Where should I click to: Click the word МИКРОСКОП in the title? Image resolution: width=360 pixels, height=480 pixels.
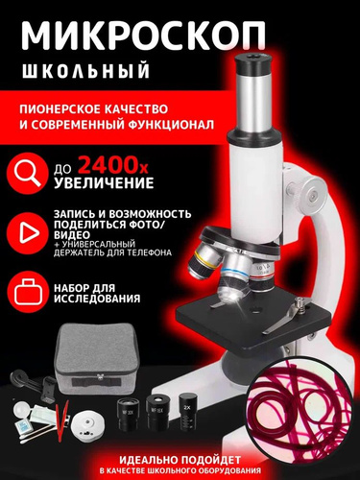click(x=143, y=36)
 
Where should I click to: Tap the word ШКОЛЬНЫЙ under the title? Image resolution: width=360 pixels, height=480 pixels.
click(x=85, y=70)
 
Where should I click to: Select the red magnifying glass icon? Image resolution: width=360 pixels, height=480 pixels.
click(x=27, y=174)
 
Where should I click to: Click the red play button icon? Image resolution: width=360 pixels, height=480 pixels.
click(x=27, y=233)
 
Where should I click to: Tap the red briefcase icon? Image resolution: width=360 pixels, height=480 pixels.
click(x=27, y=291)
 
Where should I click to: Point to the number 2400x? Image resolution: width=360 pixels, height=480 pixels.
click(x=113, y=165)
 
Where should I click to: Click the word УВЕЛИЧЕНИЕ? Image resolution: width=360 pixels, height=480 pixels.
click(x=104, y=183)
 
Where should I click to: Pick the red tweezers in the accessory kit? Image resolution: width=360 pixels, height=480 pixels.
click(x=62, y=418)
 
